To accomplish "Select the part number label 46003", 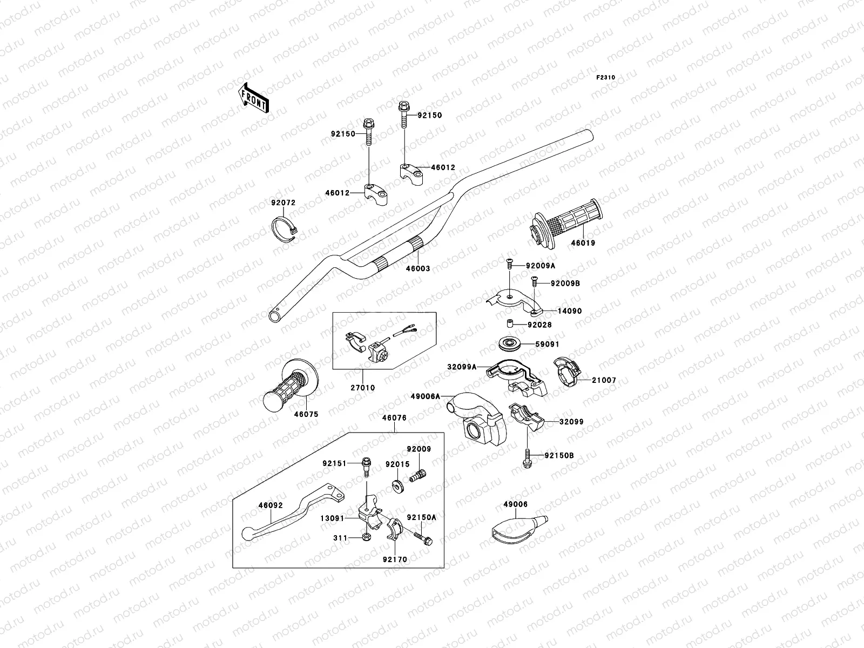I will tap(418, 268).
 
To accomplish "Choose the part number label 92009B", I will tap(565, 283).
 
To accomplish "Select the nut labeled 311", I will tap(366, 537).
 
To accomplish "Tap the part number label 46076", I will tap(394, 417).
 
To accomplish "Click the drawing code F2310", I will tap(605, 77).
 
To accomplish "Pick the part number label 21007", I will tap(603, 380).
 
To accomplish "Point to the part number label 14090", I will tap(570, 311).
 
